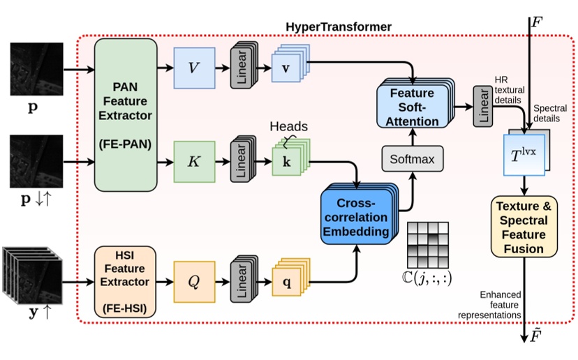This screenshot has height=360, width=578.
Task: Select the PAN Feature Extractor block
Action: pyautogui.click(x=126, y=114)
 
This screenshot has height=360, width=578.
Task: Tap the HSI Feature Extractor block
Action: pyautogui.click(x=126, y=276)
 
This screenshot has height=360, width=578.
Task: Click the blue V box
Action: pyautogui.click(x=194, y=68)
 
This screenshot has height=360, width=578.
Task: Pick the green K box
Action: pyautogui.click(x=194, y=162)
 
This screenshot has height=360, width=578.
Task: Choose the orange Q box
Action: pyautogui.click(x=194, y=283)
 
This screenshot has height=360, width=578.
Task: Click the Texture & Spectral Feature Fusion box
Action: pyautogui.click(x=524, y=226)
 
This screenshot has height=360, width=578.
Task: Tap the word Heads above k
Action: pyautogui.click(x=288, y=127)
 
